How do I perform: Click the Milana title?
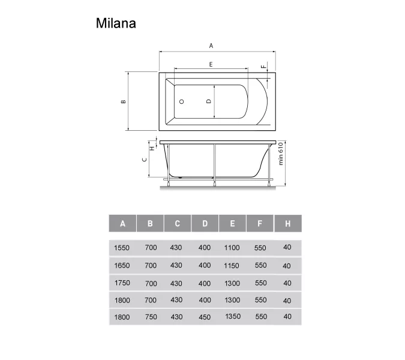tap(116, 23)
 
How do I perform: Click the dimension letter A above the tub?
tap(211, 46)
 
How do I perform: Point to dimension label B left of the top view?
tap(123, 101)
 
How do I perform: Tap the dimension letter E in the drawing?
tap(211, 64)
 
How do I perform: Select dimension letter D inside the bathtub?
tap(208, 102)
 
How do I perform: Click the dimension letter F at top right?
tap(262, 66)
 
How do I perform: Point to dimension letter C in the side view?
tap(143, 160)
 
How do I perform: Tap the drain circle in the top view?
tap(182, 102)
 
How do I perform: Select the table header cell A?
tap(122, 224)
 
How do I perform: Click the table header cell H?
tap(288, 224)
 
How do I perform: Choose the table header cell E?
tap(233, 224)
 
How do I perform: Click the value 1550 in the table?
tap(122, 248)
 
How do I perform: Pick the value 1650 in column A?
tap(122, 265)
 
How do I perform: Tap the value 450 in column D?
tap(205, 317)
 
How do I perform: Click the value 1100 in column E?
tap(232, 248)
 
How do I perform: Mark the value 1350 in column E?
tap(233, 317)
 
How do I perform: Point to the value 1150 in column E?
tap(232, 265)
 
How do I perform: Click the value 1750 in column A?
tap(122, 283)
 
